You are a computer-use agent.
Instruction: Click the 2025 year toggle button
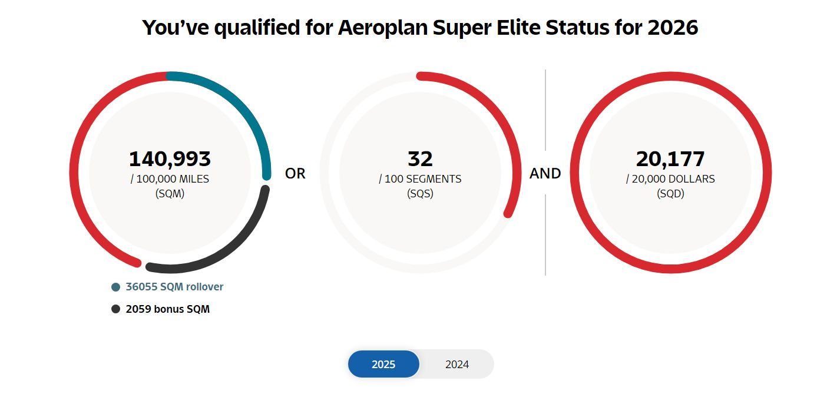(x=383, y=364)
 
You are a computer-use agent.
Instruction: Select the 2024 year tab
(x=457, y=364)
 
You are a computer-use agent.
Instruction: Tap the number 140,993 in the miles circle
(x=170, y=159)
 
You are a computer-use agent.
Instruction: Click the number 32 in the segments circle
(x=420, y=159)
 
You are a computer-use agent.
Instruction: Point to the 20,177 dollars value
(x=670, y=159)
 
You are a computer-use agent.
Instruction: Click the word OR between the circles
(x=295, y=174)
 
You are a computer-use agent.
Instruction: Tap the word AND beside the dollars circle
(x=545, y=174)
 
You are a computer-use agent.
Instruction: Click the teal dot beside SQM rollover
(x=115, y=287)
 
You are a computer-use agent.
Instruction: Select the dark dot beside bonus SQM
(x=115, y=309)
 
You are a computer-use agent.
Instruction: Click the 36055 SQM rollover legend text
(x=174, y=287)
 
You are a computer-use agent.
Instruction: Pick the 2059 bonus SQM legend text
(x=168, y=309)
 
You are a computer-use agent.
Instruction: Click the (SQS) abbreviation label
(x=420, y=194)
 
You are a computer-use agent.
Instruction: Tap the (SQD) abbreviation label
(x=670, y=194)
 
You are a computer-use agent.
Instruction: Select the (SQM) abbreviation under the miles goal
(x=170, y=194)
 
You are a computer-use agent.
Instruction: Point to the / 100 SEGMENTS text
(x=420, y=179)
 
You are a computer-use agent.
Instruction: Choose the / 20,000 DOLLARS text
(x=670, y=179)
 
